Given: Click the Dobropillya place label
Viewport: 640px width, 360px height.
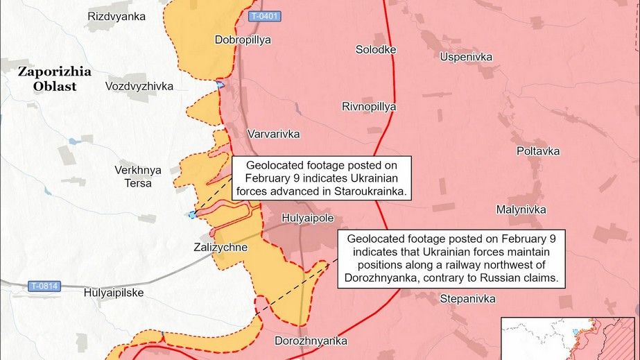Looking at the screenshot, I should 243,40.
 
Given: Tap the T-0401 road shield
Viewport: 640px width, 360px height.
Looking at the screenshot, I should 265,16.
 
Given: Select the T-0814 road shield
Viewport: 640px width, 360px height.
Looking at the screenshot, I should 44,285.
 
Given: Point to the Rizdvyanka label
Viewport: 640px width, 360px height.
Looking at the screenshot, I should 117,15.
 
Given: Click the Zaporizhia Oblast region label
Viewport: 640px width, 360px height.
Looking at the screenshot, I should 47,78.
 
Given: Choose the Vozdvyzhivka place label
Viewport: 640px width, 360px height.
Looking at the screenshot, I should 139,86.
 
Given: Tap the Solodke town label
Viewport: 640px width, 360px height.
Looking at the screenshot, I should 376,50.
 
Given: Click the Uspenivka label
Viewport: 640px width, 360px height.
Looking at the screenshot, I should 466,55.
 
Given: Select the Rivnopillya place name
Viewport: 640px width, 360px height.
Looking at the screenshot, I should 369,107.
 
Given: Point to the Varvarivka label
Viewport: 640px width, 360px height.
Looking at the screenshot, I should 274,133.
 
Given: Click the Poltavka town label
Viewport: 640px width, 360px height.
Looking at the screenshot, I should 538,151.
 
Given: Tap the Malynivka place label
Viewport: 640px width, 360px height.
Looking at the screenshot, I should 521,209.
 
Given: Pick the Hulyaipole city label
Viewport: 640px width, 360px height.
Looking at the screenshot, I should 308,218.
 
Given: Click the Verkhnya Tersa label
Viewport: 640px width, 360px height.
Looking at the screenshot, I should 138,176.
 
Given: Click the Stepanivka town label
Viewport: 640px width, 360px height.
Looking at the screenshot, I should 468,299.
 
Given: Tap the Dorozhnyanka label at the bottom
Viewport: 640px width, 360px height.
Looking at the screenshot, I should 311,341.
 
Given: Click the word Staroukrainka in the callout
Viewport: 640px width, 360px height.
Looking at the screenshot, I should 372,191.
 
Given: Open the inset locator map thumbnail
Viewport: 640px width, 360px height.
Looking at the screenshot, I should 569,338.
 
